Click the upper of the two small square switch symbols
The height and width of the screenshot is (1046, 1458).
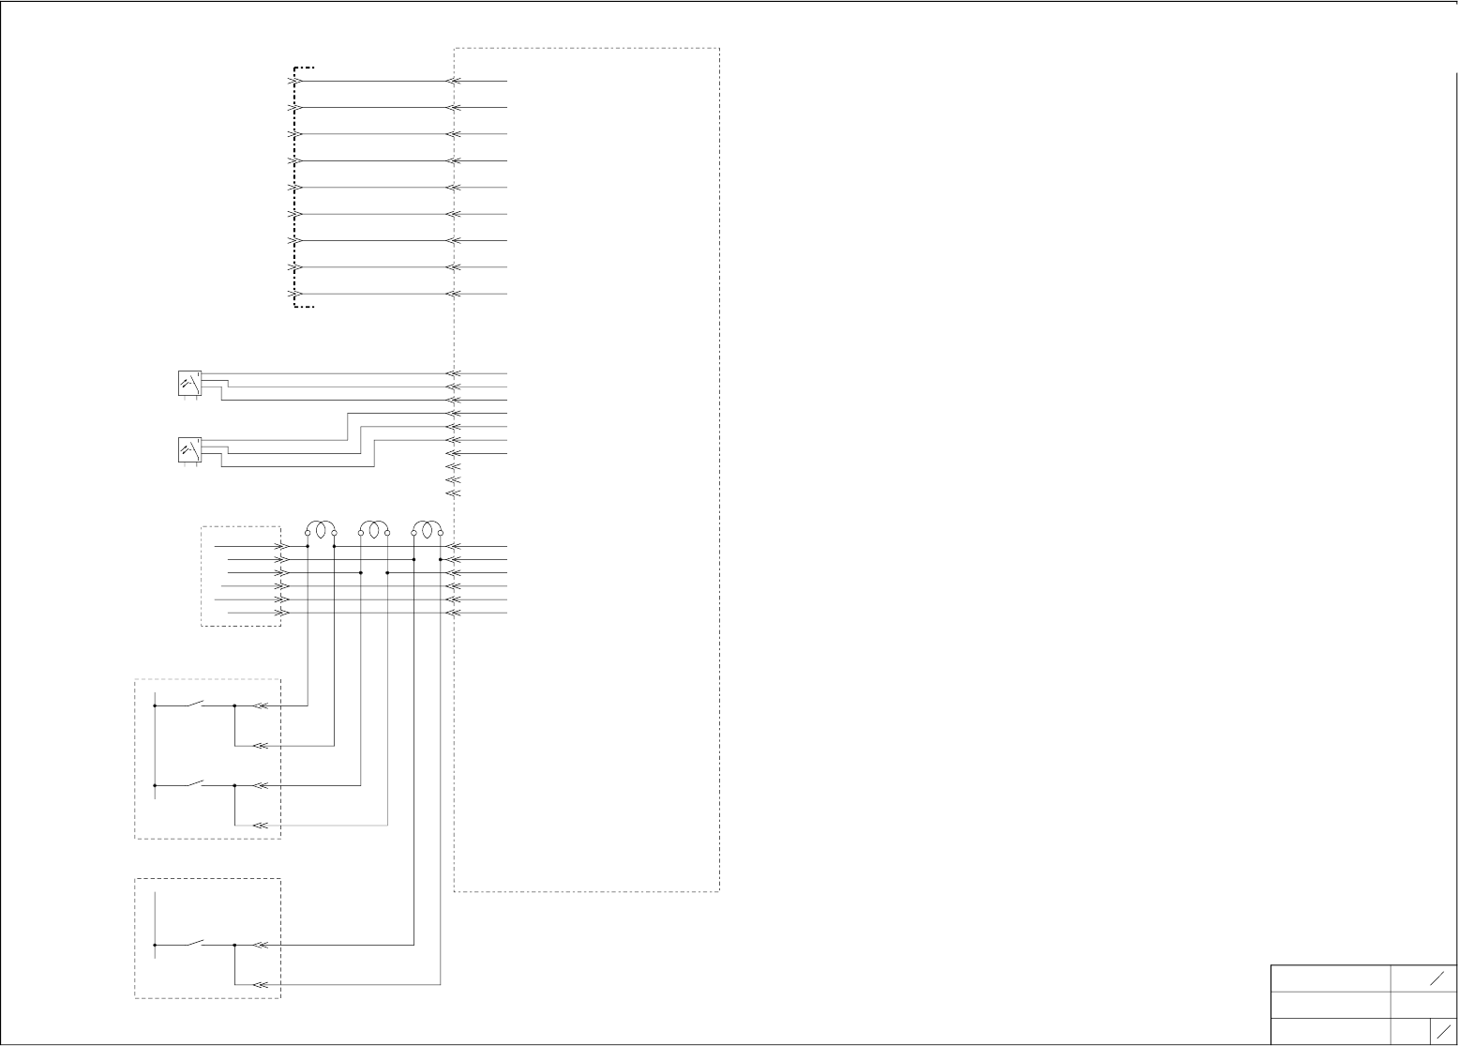tap(189, 384)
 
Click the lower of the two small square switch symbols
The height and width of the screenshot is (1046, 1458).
tap(189, 450)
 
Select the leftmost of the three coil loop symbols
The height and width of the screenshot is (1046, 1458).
tap(321, 530)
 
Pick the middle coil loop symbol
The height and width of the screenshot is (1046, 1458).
tap(374, 530)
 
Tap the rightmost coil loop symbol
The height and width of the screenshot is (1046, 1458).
tap(428, 530)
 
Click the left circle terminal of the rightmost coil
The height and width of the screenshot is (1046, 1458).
tap(414, 533)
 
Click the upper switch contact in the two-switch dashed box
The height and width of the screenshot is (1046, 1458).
tap(196, 702)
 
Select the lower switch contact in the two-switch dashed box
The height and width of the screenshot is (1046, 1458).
tap(196, 781)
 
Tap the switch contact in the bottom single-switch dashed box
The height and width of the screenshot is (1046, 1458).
tap(196, 942)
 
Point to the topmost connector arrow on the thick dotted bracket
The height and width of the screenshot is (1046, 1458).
tap(294, 81)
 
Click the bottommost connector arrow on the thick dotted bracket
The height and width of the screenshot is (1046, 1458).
tap(294, 294)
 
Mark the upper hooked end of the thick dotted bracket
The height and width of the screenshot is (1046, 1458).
tap(305, 68)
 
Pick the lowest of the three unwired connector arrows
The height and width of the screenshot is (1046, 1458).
tap(454, 493)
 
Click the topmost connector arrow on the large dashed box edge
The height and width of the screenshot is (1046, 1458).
tap(454, 81)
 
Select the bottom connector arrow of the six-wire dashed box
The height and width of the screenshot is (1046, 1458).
tap(280, 613)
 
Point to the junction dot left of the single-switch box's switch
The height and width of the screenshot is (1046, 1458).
tap(155, 945)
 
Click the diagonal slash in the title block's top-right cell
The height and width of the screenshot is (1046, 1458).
tap(1437, 978)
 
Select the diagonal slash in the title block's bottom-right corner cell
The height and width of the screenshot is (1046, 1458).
tap(1444, 1030)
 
